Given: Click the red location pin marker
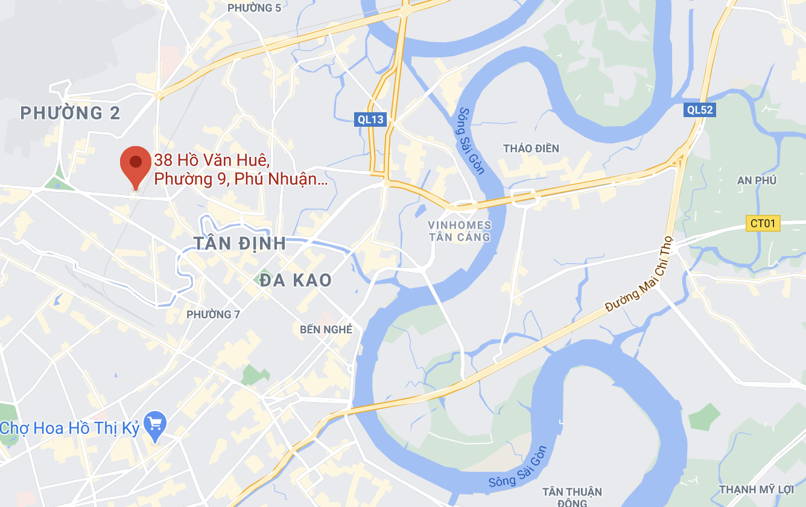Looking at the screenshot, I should pos(135,164).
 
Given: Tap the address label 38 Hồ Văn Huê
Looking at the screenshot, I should pos(211,161).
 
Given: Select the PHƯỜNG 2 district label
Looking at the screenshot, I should pos(70,113).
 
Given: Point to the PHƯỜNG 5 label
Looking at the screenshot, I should pos(254,8).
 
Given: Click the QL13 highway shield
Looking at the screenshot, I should pos(370,120).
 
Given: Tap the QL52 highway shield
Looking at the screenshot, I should pos(700,110).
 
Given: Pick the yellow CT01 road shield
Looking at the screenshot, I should pos(763,223).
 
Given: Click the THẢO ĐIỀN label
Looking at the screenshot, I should pos(531,148).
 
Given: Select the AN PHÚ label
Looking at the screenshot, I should pos(757,180).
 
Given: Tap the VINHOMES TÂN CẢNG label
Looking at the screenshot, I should pos(460,231).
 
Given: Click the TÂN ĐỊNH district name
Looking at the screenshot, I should pos(240,243).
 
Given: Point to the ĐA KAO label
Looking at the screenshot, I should pos(296,280).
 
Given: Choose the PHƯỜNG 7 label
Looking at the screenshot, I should pos(213,314).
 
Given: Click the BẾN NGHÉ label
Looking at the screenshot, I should pos(326,330).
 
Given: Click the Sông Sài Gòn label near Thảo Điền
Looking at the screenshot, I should pos(471,141).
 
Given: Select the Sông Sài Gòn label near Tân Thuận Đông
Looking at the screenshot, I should pos(517,468).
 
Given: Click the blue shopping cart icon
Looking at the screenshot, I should pos(156,427).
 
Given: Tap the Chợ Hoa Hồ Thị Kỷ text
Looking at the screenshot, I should pos(70,429).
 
